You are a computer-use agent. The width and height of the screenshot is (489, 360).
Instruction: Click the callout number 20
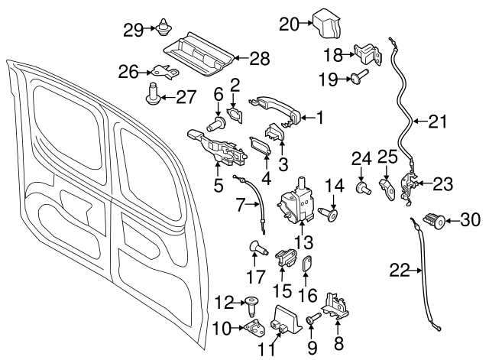(289, 24)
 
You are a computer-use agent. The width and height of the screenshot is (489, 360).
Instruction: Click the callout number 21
(436, 120)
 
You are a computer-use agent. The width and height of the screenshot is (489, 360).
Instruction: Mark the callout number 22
(400, 269)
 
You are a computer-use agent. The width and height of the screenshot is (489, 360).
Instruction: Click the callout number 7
(241, 204)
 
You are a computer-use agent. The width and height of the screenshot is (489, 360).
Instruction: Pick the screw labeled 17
(255, 248)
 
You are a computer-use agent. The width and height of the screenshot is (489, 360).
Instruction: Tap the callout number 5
(218, 184)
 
